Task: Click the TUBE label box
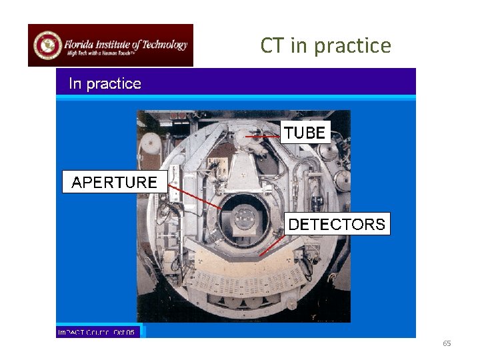305,133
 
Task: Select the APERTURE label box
114,182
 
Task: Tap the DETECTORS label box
337,224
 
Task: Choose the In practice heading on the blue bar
105,84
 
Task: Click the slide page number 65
447,343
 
